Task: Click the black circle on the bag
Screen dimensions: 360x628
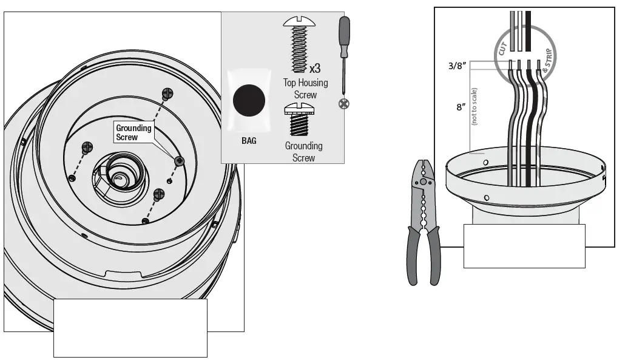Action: pos(250,100)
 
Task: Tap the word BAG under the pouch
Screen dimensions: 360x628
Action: pos(249,141)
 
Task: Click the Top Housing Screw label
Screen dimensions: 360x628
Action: pos(305,88)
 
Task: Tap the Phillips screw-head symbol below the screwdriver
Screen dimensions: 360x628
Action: pos(343,104)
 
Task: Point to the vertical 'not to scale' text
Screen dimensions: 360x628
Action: pos(474,106)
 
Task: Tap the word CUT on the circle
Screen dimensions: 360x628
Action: pos(502,49)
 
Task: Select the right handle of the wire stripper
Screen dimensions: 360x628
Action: pos(434,255)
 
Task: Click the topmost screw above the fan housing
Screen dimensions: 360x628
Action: pos(167,93)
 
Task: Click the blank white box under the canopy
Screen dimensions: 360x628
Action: pos(524,246)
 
